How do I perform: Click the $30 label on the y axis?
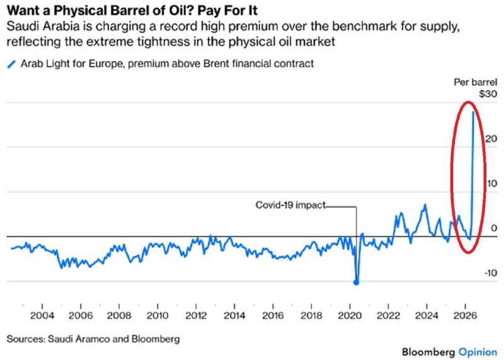488,94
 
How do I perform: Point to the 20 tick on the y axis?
490,139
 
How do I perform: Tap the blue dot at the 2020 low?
357,282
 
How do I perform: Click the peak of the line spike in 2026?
473,112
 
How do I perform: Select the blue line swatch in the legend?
10,64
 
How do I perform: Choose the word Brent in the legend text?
209,64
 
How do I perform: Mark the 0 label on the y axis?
494,228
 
